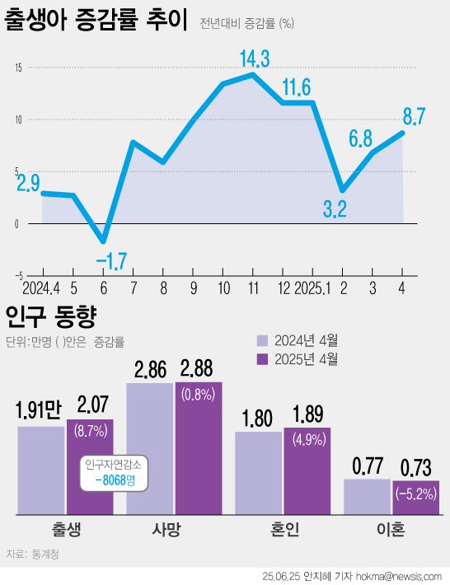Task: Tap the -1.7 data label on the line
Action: pos(110,263)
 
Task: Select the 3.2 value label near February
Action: pos(335,209)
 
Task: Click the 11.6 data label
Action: pos(295,87)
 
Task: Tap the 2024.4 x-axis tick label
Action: pos(41,289)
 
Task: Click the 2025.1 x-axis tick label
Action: pos(312,289)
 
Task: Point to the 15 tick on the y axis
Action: pos(17,68)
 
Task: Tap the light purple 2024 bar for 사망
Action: pos(149,449)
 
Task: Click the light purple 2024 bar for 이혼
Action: pos(367,497)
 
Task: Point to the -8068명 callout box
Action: pos(114,473)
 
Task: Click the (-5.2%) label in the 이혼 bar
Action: pos(415,494)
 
